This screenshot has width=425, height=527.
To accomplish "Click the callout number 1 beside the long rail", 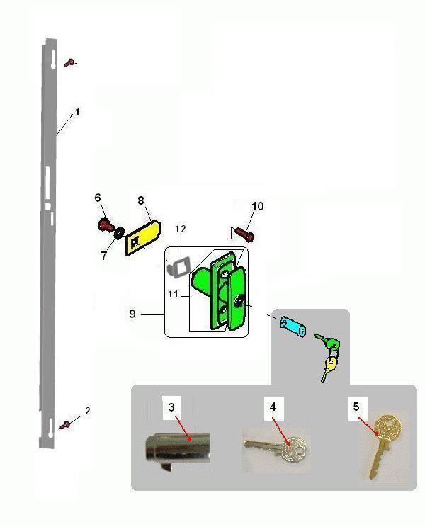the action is (x=78, y=112).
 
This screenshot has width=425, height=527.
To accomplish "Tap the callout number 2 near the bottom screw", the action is (x=88, y=411).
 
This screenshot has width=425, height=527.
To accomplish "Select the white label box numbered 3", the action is (x=171, y=408).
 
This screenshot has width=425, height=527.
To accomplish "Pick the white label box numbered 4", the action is (x=273, y=408).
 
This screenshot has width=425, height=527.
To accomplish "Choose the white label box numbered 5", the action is (x=356, y=407).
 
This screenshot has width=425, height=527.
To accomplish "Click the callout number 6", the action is (x=98, y=198).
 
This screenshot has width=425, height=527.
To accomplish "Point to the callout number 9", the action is (x=132, y=314).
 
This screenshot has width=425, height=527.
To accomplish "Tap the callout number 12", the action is (x=181, y=229).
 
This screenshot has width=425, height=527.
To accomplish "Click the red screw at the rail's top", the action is (x=70, y=62).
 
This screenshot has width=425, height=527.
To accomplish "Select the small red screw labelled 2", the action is (x=65, y=425).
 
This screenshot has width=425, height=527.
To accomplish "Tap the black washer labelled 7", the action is (x=119, y=232).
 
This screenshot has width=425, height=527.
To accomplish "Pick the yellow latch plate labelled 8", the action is (x=143, y=237).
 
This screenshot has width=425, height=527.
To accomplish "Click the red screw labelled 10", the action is (x=244, y=234).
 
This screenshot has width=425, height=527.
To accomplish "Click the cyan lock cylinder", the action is (x=293, y=326).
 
